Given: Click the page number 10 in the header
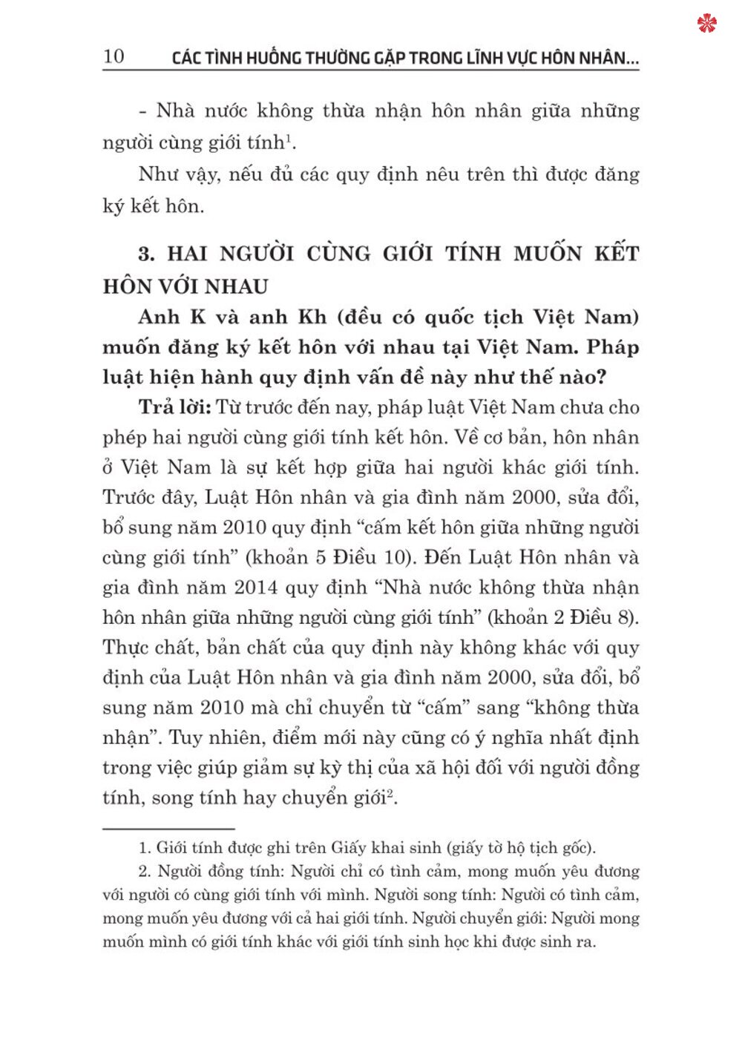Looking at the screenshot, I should (114, 56).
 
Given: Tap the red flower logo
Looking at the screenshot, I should (707, 24).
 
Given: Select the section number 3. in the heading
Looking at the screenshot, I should (146, 254).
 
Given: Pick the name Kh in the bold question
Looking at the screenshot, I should (312, 318).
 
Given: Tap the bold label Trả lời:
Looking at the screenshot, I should (175, 407).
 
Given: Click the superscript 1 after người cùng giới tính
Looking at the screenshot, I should (288, 137).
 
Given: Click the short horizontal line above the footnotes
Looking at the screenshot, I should (168, 828).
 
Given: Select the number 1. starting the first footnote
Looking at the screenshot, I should (145, 848).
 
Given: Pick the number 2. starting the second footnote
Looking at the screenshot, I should (145, 872).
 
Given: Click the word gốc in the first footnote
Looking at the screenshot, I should (577, 848).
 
